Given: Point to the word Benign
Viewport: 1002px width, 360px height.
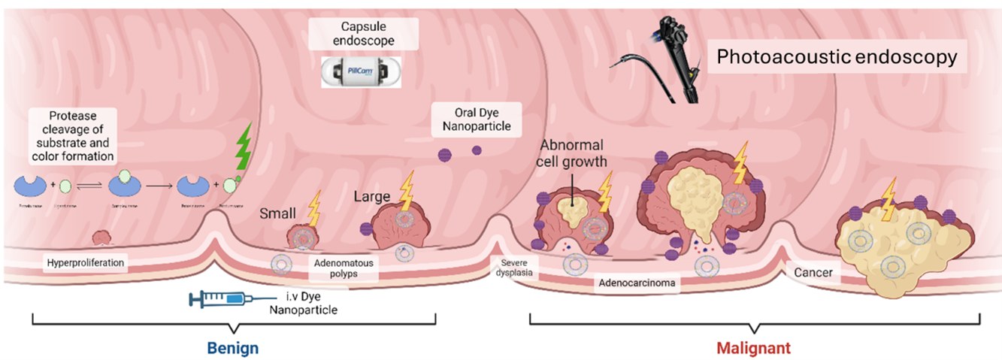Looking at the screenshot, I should coord(234,348).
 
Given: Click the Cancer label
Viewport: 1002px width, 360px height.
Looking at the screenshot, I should coord(813,272).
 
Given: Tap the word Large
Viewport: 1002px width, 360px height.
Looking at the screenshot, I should coord(373,197).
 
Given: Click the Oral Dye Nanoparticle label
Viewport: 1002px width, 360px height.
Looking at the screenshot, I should coord(472,119).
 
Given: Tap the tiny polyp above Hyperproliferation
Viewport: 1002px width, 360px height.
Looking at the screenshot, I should coord(101,238).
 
